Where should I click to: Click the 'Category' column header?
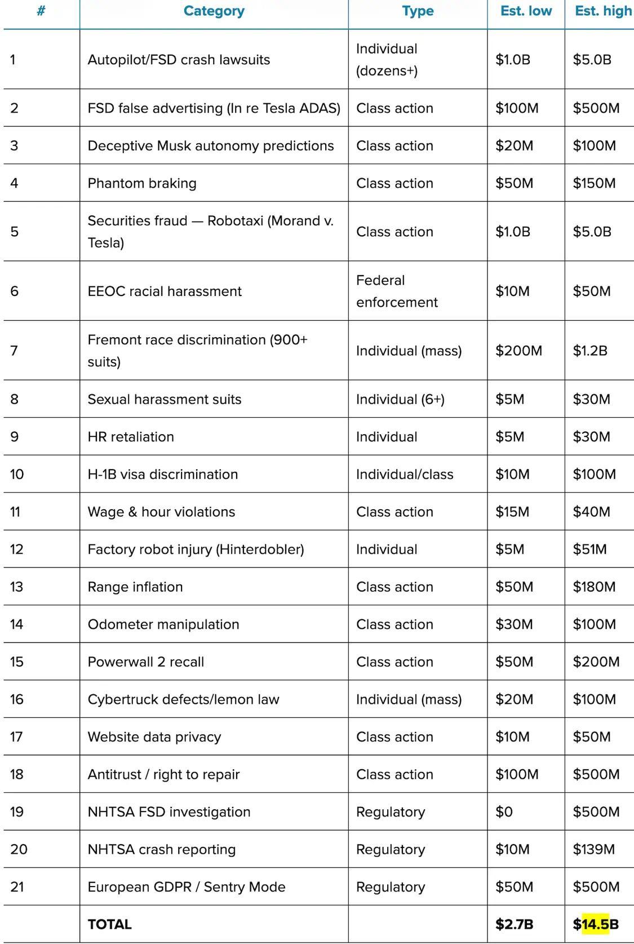(x=214, y=11)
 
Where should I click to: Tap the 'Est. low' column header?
(x=526, y=11)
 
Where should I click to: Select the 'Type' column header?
(x=418, y=11)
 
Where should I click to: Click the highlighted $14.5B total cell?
(x=596, y=924)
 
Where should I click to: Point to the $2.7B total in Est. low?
(x=514, y=924)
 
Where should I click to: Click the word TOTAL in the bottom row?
(x=110, y=924)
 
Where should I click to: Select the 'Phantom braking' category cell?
(x=142, y=183)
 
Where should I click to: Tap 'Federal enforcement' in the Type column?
(x=397, y=291)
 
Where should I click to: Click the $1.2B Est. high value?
(x=590, y=351)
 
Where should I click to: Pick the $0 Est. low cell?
(x=504, y=812)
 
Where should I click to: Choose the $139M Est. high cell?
(x=593, y=849)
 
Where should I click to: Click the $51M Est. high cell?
(x=589, y=549)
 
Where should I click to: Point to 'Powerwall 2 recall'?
(x=146, y=662)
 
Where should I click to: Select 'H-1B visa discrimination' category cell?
(x=163, y=474)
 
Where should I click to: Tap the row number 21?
(x=17, y=887)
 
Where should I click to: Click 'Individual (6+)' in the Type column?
(x=400, y=399)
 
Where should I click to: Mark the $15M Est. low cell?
(x=512, y=512)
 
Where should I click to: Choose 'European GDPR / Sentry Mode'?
(x=187, y=887)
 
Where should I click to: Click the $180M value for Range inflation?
(x=594, y=587)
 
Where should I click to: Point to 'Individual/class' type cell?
(x=405, y=474)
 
